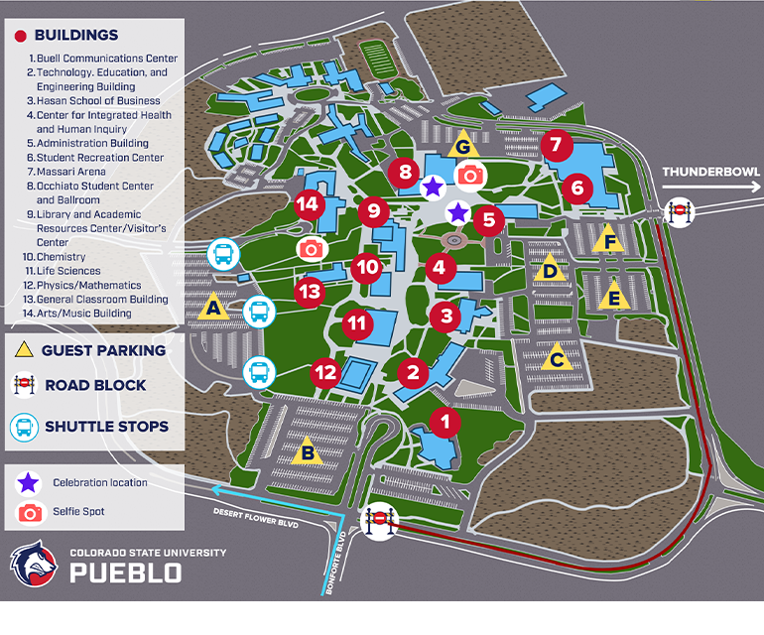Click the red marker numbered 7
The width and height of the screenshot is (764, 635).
point(556,145)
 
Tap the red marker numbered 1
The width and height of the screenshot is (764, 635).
point(446,422)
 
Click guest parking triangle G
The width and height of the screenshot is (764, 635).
point(462,145)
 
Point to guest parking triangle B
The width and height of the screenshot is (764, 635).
point(308,451)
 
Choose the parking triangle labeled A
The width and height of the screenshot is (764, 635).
point(210,309)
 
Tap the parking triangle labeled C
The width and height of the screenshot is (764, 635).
point(557,358)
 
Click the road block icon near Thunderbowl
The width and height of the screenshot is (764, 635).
point(679,211)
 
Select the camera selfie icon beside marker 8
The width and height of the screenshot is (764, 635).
point(470,176)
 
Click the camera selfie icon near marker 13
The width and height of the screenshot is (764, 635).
point(312,248)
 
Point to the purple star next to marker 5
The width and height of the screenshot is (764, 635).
point(457,211)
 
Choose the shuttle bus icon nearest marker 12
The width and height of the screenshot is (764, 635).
point(259,372)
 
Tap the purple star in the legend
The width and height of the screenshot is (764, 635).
point(30,483)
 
